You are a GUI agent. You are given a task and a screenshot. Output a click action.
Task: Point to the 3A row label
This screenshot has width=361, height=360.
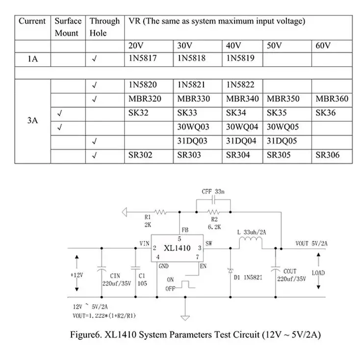click(x=32, y=120)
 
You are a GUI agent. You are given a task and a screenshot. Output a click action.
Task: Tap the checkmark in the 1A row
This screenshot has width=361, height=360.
click(x=94, y=59)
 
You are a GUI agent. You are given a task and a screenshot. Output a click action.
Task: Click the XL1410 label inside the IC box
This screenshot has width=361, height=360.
click(x=177, y=248)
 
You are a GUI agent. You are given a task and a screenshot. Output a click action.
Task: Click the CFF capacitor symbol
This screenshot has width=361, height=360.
click(x=213, y=200)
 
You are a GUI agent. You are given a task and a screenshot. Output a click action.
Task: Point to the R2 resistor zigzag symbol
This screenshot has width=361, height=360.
click(x=213, y=212)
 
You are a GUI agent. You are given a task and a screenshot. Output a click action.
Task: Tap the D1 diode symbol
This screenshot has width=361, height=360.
click(x=230, y=271)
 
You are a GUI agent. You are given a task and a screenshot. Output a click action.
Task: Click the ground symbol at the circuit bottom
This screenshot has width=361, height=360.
click(x=185, y=318)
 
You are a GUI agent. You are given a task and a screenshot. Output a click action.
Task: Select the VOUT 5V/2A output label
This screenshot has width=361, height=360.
click(x=311, y=244)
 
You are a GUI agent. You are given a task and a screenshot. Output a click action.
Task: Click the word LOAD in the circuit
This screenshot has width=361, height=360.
click(x=318, y=273)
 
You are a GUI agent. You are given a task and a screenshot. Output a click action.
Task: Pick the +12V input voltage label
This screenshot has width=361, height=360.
click(x=77, y=275)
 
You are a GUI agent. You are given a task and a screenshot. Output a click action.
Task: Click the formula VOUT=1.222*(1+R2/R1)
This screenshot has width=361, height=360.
click(x=104, y=315)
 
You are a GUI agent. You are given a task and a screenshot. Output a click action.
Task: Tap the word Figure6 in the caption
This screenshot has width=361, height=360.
click(x=86, y=334)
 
